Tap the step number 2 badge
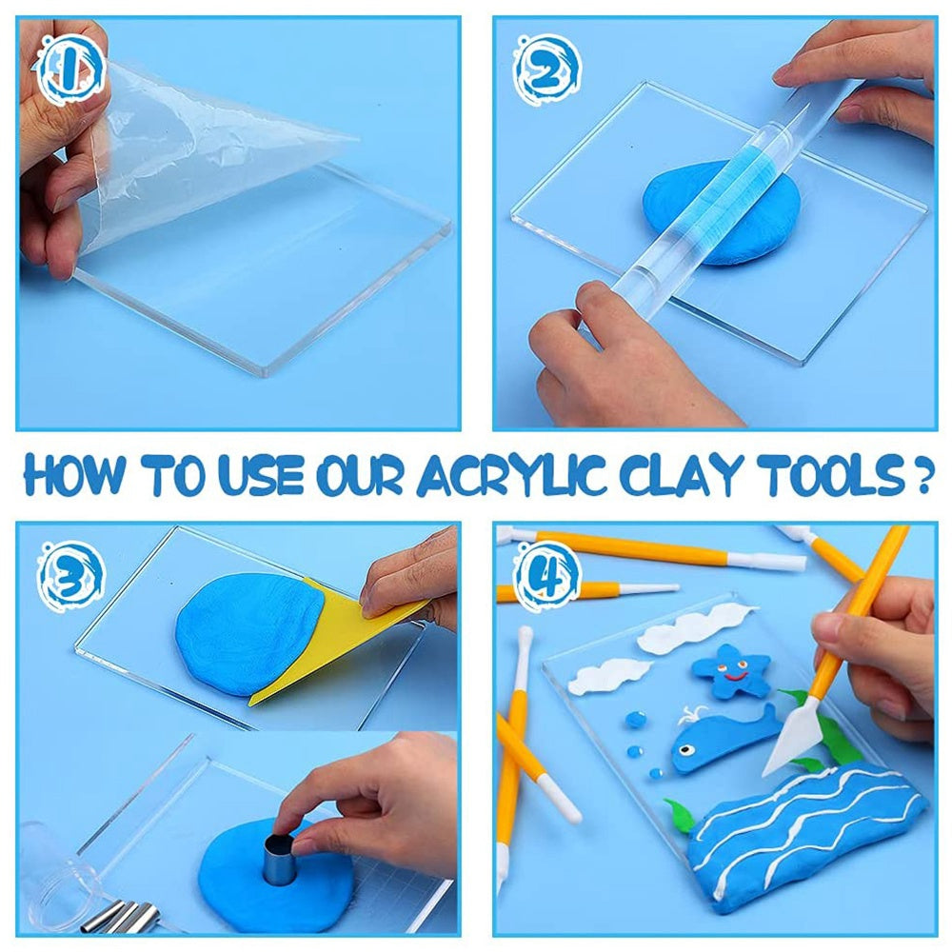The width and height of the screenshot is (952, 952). pyautogui.click(x=545, y=69)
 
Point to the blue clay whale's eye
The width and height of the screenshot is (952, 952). pyautogui.click(x=686, y=750)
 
